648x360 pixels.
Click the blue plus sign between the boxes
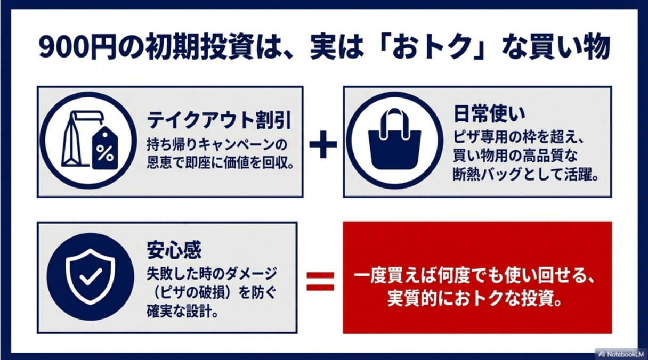[x=323, y=144]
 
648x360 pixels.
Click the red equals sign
[x=320, y=281]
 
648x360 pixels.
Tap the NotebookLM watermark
[x=621, y=354]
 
